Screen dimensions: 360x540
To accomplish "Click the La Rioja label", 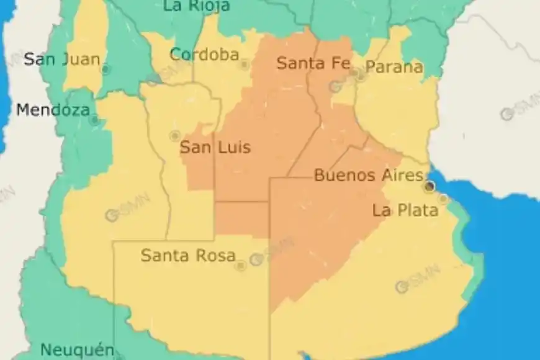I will pyautogui.click(x=196, y=6).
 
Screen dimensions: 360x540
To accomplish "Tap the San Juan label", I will pyautogui.click(x=61, y=60).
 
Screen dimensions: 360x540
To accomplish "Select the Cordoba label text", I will pyautogui.click(x=204, y=55).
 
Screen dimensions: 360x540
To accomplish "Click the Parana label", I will pyautogui.click(x=394, y=67).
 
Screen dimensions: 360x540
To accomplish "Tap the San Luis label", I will pyautogui.click(x=215, y=148).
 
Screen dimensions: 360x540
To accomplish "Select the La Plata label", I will pyautogui.click(x=405, y=210).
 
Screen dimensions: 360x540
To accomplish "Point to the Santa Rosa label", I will pyautogui.click(x=188, y=255).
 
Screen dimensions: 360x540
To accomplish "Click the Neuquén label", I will pyautogui.click(x=77, y=349).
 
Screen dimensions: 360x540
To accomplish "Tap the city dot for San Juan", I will pyautogui.click(x=106, y=70).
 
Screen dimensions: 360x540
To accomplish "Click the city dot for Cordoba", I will pyautogui.click(x=244, y=64).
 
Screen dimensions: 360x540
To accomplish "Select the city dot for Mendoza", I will pyautogui.click(x=94, y=120).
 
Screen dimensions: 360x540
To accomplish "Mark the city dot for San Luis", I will pyautogui.click(x=174, y=135).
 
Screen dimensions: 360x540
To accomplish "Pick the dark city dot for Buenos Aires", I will pyautogui.click(x=429, y=186).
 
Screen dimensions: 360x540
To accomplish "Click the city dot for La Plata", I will pyautogui.click(x=443, y=199).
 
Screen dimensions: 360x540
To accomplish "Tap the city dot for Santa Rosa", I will pyautogui.click(x=240, y=266).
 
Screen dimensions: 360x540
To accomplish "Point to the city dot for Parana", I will pyautogui.click(x=361, y=77).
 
